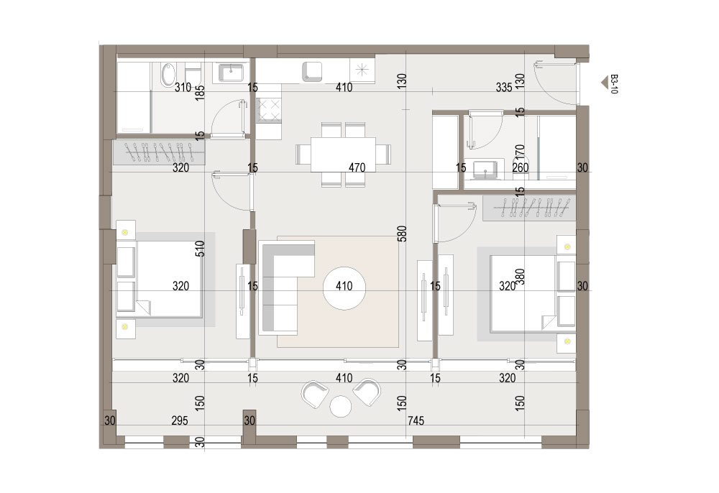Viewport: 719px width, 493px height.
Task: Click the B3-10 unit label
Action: [x=614, y=84]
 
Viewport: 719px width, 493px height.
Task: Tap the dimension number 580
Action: [x=402, y=234]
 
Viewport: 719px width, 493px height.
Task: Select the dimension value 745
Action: [x=416, y=420]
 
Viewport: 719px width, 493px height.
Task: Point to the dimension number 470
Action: [x=357, y=167]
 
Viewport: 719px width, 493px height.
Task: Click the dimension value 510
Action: [x=200, y=249]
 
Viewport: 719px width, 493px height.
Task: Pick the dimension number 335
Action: [x=504, y=87]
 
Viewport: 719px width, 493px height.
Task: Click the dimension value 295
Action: [x=180, y=420]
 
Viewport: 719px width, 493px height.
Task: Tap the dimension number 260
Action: [x=521, y=167]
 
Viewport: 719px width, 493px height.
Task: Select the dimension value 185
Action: [x=200, y=93]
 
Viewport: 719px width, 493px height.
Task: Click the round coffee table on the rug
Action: [x=344, y=287]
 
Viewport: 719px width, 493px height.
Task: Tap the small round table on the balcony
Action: [x=341, y=407]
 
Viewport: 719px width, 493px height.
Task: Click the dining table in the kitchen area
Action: [x=343, y=155]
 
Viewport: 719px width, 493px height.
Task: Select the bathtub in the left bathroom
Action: [x=168, y=75]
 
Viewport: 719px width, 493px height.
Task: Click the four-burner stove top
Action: [x=268, y=111]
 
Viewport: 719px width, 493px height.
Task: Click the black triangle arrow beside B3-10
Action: [x=605, y=83]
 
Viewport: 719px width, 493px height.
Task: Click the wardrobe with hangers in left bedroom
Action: [x=159, y=152]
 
